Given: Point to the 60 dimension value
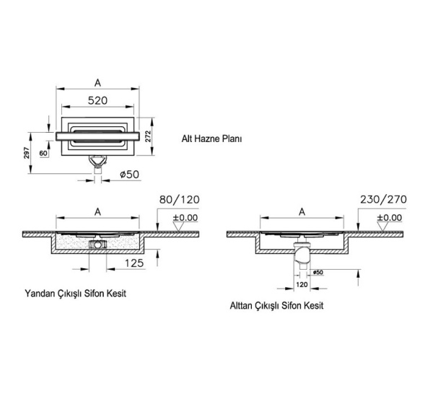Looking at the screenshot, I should [43, 154].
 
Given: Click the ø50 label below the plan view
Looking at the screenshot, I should [128, 174].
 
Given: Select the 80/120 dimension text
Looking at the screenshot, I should [178, 199].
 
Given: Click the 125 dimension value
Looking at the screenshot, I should [134, 265].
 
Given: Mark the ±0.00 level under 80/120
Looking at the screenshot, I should [183, 217].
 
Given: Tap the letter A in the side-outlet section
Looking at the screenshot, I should [97, 211].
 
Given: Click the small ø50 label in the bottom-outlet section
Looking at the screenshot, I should [318, 272].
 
